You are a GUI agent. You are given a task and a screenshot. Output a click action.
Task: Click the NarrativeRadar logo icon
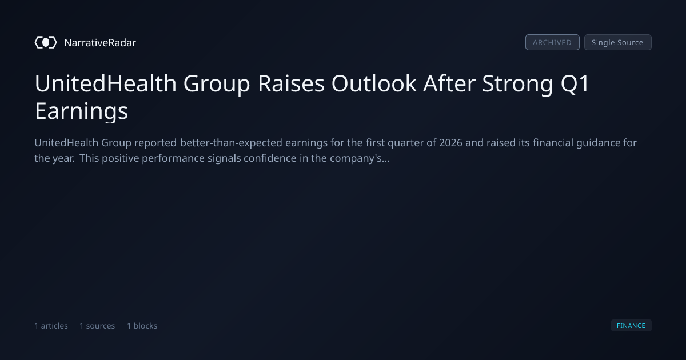(46, 42)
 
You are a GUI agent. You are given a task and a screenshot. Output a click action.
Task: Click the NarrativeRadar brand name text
(100, 43)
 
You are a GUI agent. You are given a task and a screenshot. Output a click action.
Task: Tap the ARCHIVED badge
(552, 42)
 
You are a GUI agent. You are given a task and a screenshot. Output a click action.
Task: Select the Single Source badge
(618, 42)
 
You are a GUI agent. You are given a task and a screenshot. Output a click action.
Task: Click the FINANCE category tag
(631, 325)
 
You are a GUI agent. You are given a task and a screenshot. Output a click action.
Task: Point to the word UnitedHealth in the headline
(106, 83)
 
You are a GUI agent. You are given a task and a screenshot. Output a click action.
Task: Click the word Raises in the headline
(291, 83)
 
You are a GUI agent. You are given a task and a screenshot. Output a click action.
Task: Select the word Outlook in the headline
(374, 83)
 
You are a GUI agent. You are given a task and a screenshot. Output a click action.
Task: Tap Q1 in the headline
(575, 83)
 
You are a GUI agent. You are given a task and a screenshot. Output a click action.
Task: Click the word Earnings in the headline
(81, 111)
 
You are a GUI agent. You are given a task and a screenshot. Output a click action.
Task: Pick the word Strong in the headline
(517, 83)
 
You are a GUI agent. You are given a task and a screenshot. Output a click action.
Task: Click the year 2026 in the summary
(450, 143)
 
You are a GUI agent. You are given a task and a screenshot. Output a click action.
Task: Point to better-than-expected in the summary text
(231, 143)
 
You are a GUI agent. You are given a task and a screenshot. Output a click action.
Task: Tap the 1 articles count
(51, 326)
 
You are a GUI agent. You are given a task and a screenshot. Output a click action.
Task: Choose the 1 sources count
(97, 326)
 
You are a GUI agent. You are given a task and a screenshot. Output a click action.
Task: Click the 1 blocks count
(142, 326)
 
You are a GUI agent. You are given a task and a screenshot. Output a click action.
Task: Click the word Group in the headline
(217, 84)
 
